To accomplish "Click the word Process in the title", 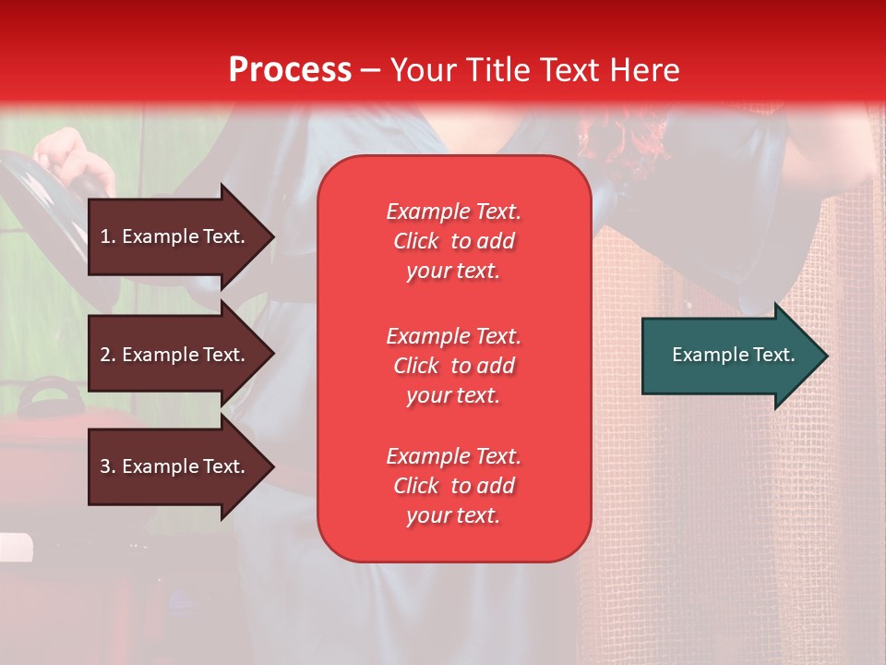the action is pyautogui.click(x=290, y=69).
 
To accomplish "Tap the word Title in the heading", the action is pyautogui.click(x=499, y=69).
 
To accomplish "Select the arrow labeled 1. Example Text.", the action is pyautogui.click(x=181, y=236).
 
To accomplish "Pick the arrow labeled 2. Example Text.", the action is pyautogui.click(x=181, y=354).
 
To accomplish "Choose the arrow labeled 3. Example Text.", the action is pyautogui.click(x=181, y=466).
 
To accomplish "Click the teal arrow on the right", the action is pyautogui.click(x=735, y=356).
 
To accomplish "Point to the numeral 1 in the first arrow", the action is pyautogui.click(x=104, y=236).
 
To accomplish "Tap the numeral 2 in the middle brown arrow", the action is pyautogui.click(x=105, y=355).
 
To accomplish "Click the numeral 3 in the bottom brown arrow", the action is pyautogui.click(x=105, y=466).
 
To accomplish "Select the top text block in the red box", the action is pyautogui.click(x=454, y=241).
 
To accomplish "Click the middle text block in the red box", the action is pyautogui.click(x=454, y=366).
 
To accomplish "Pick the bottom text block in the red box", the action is pyautogui.click(x=454, y=486).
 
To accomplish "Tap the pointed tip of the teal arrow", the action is pyautogui.click(x=828, y=356).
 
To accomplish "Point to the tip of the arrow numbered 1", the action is pyautogui.click(x=274, y=236).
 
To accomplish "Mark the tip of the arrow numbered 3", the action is pyautogui.click(x=274, y=466).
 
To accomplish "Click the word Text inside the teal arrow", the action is pyautogui.click(x=774, y=355).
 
